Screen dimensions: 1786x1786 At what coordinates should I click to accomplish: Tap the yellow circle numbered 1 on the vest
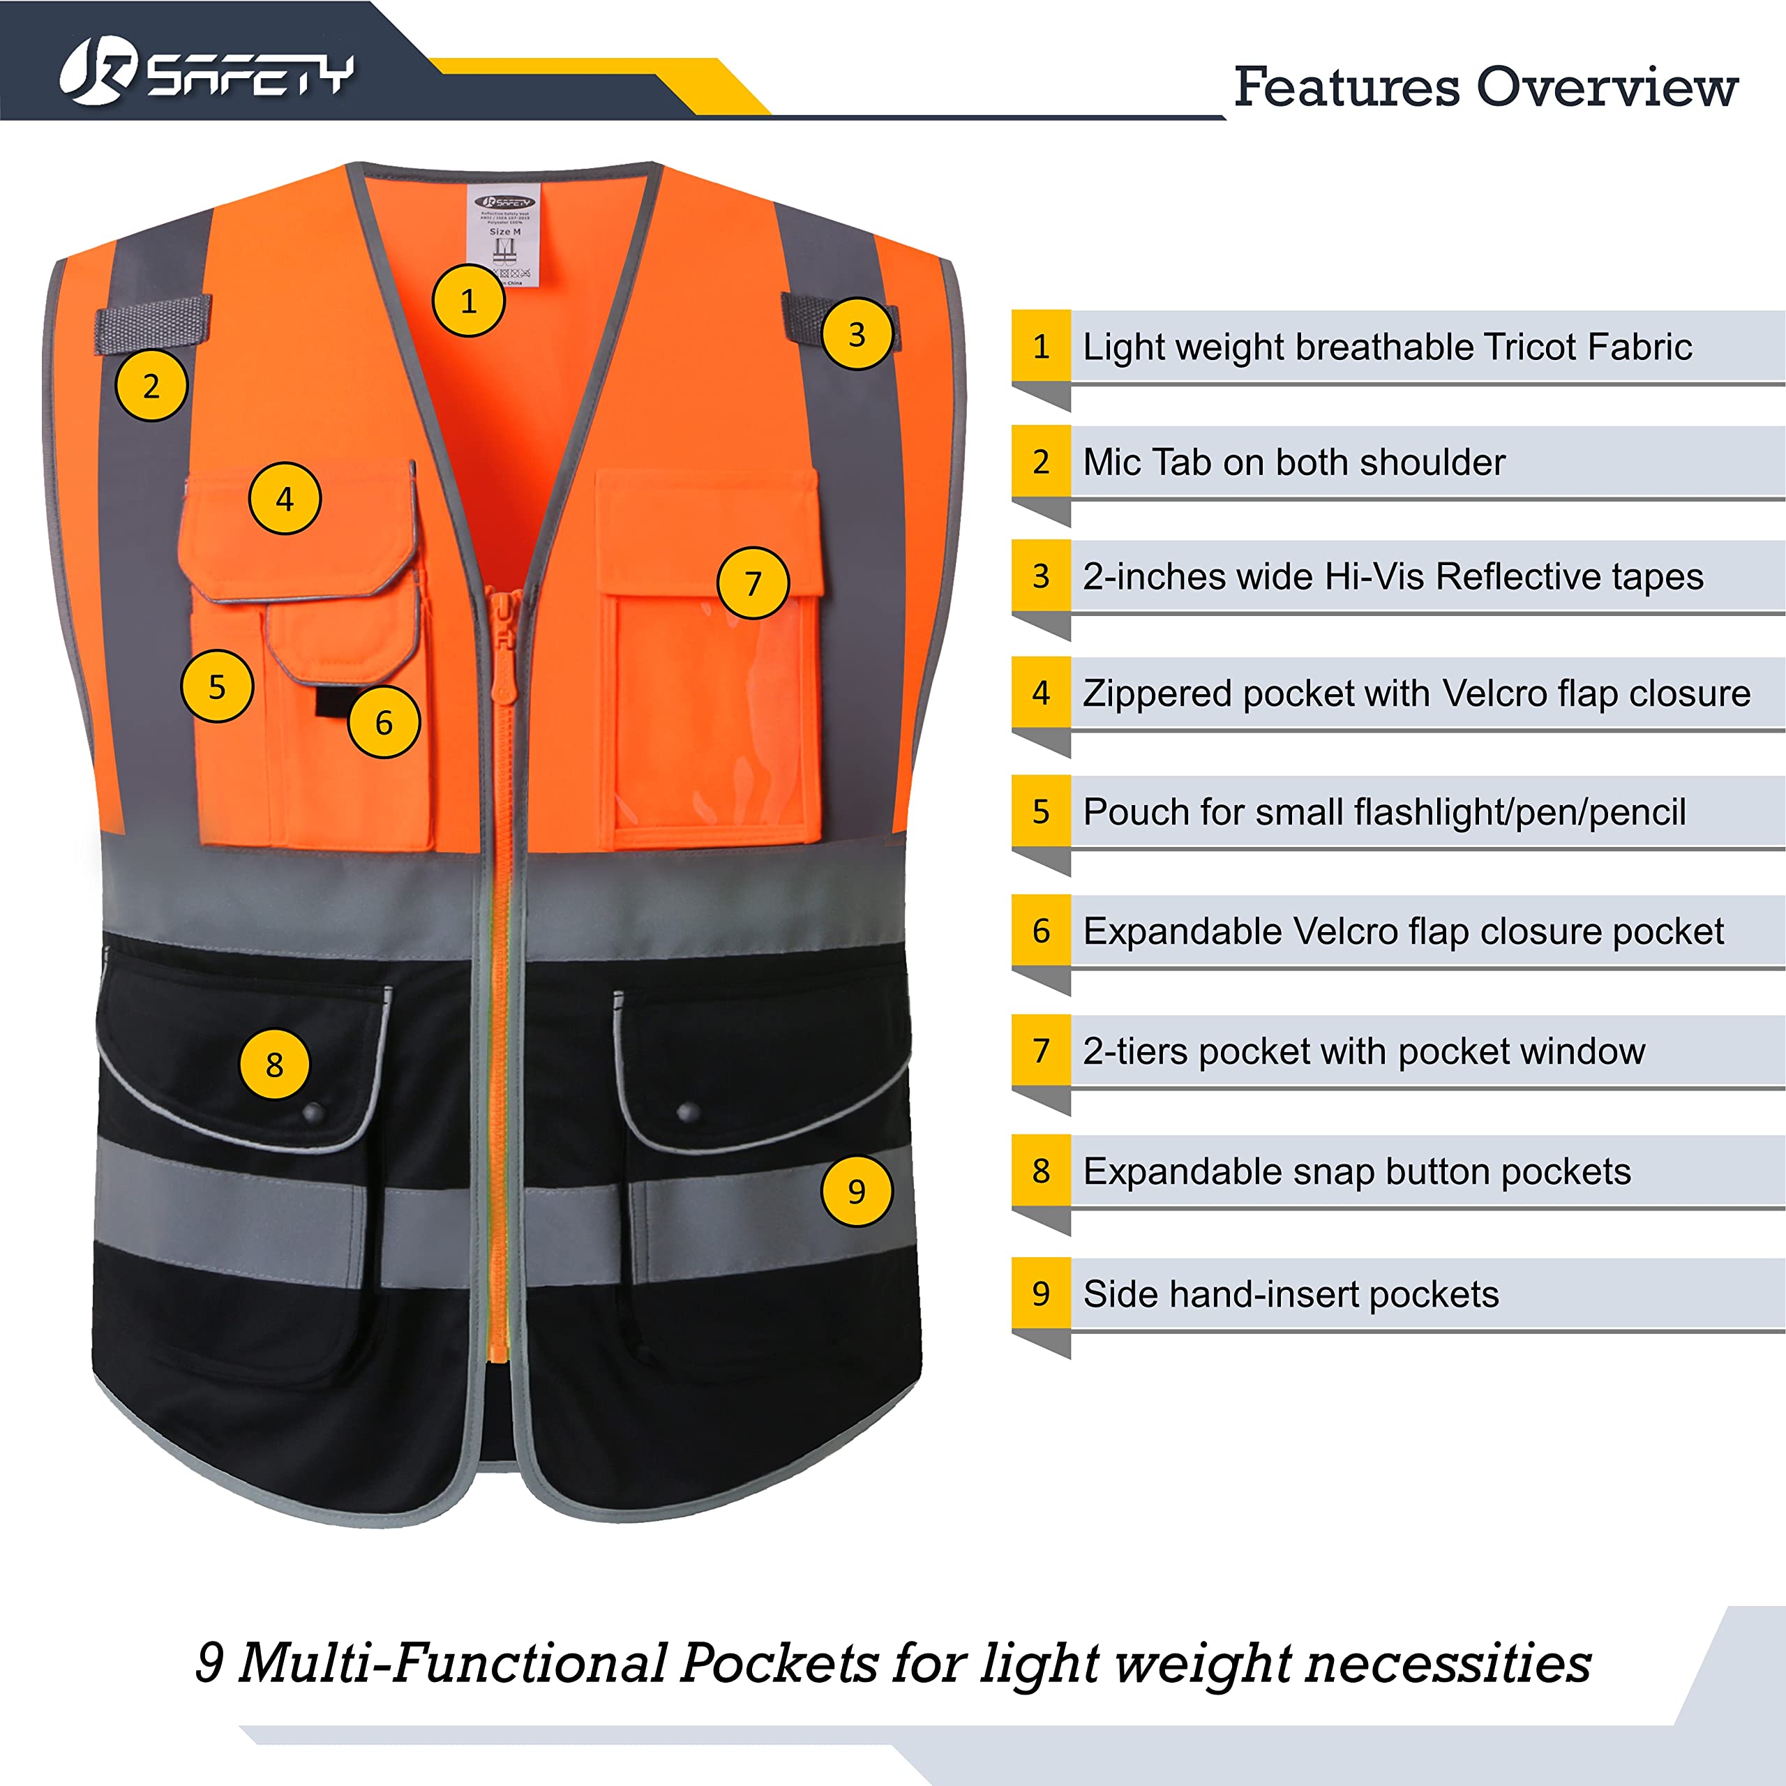[469, 301]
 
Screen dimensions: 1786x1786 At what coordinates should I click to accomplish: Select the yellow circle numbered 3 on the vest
[857, 333]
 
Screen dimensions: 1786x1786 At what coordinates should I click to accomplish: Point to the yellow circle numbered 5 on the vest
[217, 686]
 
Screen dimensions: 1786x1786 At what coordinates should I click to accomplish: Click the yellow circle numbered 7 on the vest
[753, 583]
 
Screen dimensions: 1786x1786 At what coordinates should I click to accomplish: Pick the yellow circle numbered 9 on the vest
[857, 1191]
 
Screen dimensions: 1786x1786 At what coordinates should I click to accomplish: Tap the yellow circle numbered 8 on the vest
[275, 1064]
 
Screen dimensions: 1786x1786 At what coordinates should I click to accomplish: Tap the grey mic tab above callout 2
[153, 324]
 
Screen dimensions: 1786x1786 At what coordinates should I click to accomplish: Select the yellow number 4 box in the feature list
[1041, 692]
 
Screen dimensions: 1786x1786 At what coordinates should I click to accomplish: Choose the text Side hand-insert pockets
[1291, 1293]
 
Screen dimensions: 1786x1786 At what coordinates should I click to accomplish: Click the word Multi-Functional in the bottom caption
[453, 1663]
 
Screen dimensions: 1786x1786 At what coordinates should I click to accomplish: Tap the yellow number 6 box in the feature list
[1041, 931]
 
